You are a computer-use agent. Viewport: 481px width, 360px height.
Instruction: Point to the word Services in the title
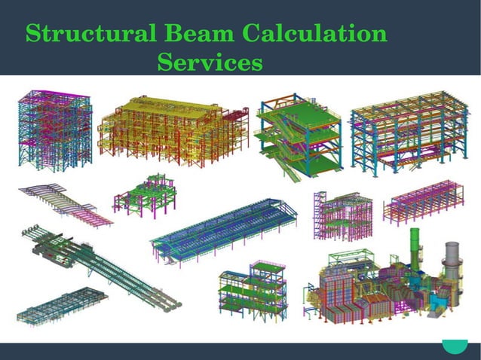[x=210, y=62]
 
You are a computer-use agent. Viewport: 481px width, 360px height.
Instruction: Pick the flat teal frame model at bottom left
[x=60, y=304]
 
